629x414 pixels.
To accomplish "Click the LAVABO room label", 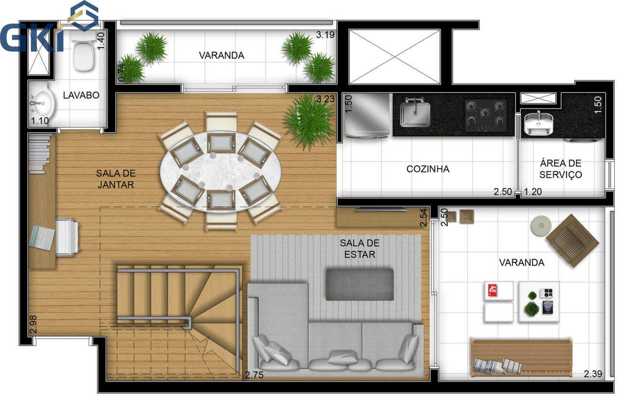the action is [81, 95].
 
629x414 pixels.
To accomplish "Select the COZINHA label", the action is [428, 169].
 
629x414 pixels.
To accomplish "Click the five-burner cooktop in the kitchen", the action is [485, 115].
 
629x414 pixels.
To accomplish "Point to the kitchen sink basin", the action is [415, 113].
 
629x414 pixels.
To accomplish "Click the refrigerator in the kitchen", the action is [367, 115].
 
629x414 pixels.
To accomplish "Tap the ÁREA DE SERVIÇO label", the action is [561, 169].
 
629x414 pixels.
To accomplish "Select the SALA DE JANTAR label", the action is [115, 179].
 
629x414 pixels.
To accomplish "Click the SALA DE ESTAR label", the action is [359, 248].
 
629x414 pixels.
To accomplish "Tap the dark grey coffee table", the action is [360, 285].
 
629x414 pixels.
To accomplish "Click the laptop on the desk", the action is [42, 238].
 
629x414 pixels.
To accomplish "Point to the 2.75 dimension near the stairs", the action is [254, 375].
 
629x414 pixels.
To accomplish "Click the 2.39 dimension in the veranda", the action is [593, 374].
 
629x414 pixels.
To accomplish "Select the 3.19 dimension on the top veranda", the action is [325, 35].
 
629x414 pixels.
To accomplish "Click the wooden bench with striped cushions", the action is [521, 358].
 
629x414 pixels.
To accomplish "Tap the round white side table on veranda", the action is [541, 225].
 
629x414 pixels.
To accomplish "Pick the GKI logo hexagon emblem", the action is [84, 15].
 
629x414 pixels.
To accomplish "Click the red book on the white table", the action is [492, 290].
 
